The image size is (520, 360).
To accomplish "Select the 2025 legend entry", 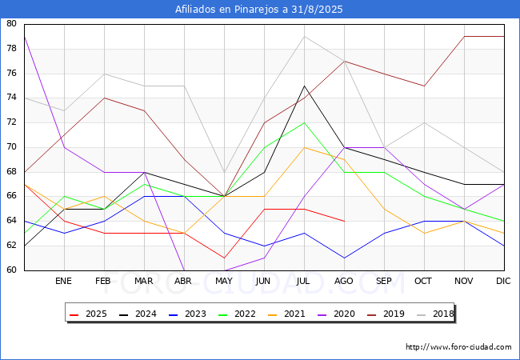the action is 88,314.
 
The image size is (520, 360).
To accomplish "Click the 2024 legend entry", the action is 138,314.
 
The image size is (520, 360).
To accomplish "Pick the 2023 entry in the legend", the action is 187,314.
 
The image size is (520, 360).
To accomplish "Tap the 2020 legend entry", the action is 336,314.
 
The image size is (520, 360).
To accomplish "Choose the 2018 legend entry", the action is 435,314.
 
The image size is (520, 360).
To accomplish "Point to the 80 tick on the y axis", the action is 11,23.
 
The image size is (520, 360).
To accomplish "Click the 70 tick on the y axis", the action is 11,147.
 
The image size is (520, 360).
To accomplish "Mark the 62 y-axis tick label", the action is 11,246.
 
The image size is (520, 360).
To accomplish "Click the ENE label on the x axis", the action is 63,281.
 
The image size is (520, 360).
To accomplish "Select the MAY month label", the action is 224,281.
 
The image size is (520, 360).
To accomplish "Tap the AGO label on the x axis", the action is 344,281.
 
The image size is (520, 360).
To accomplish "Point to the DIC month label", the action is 503,281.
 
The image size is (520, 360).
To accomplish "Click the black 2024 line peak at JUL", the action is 305,86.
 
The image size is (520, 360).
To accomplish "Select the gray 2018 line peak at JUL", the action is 305,37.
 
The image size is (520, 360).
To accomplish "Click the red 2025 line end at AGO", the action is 345,221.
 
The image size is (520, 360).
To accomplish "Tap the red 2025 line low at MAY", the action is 225,258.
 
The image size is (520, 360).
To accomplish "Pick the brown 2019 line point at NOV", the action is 464,37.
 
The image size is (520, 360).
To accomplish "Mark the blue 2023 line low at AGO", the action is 345,258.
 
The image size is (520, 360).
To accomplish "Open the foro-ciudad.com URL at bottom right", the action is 458,347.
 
